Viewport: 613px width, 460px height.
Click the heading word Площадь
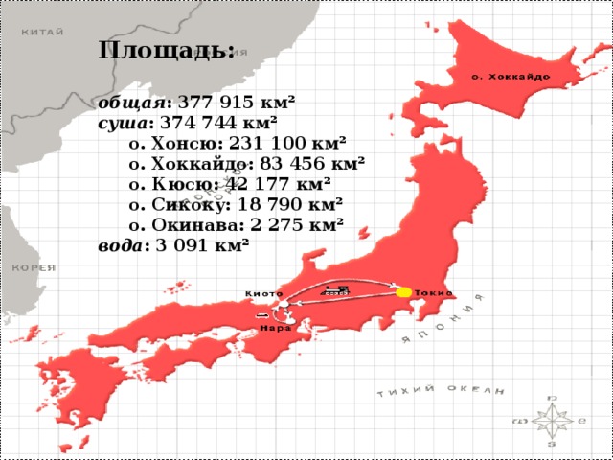[x=165, y=49]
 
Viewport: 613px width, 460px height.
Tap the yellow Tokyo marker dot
[x=403, y=291]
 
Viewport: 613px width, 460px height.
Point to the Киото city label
[x=263, y=292]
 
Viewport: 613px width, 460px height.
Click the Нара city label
[x=276, y=327]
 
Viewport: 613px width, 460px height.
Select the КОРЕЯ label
[x=33, y=268]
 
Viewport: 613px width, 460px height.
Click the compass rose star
[x=552, y=419]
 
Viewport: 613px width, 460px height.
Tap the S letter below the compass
[x=551, y=444]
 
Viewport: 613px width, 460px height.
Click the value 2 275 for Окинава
[x=278, y=225]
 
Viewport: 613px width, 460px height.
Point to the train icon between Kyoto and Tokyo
[x=336, y=289]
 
